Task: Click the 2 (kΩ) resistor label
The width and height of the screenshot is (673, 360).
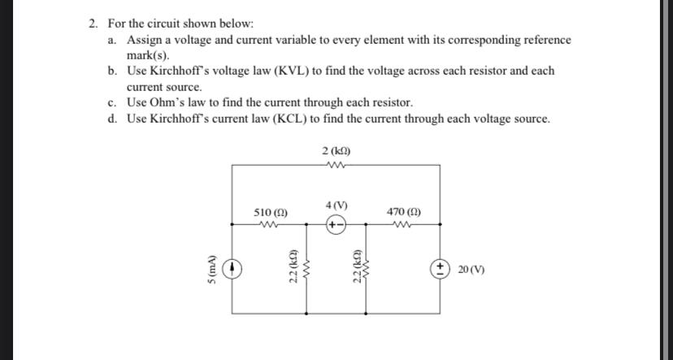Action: (336, 151)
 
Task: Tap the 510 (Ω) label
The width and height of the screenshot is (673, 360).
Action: (270, 212)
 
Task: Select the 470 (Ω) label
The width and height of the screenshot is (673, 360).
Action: (403, 212)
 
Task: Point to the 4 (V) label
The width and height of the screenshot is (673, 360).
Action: (336, 204)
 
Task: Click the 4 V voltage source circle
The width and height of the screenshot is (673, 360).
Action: (336, 224)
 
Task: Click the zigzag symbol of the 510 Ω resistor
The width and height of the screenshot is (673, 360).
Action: (269, 225)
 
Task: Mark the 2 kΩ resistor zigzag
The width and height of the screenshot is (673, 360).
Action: (336, 164)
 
